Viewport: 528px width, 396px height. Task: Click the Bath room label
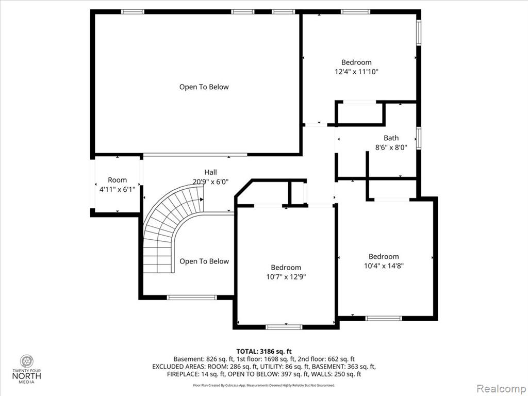[x=391, y=138]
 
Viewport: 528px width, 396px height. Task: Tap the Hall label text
[x=210, y=172]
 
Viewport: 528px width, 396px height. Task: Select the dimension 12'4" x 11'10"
[x=356, y=72]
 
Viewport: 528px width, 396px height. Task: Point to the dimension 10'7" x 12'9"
[x=286, y=277]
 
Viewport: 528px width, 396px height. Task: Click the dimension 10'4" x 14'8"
[x=384, y=266]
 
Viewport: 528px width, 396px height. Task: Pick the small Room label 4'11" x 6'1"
[x=117, y=185]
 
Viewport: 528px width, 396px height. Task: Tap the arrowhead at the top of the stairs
[x=202, y=200]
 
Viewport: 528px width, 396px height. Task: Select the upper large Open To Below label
[x=204, y=87]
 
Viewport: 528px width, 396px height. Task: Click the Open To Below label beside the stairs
[x=204, y=261]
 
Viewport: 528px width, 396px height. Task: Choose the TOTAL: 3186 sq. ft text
[x=263, y=352]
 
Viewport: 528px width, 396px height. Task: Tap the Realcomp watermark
[x=501, y=388]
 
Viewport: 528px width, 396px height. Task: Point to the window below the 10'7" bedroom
[x=284, y=327]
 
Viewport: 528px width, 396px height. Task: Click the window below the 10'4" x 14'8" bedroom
[x=384, y=318]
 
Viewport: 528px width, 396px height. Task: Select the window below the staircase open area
[x=192, y=298]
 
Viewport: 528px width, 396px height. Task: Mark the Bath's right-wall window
[x=419, y=138]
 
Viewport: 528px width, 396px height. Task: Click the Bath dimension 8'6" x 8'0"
[x=391, y=147]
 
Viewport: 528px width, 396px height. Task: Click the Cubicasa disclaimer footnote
[x=264, y=385]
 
